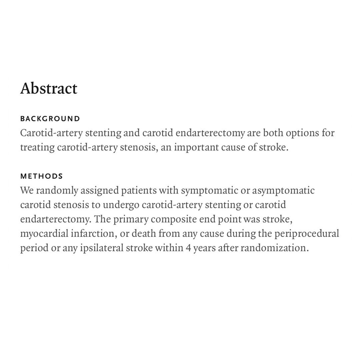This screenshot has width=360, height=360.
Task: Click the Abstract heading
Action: (49, 88)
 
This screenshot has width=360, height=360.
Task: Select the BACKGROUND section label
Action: (50, 119)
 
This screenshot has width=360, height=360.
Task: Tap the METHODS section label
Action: (41, 176)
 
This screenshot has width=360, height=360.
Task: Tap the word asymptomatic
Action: (283, 191)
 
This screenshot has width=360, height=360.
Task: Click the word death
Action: (144, 234)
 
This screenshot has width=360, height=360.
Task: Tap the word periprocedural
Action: (307, 234)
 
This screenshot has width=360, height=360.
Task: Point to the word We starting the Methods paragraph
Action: (27, 191)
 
